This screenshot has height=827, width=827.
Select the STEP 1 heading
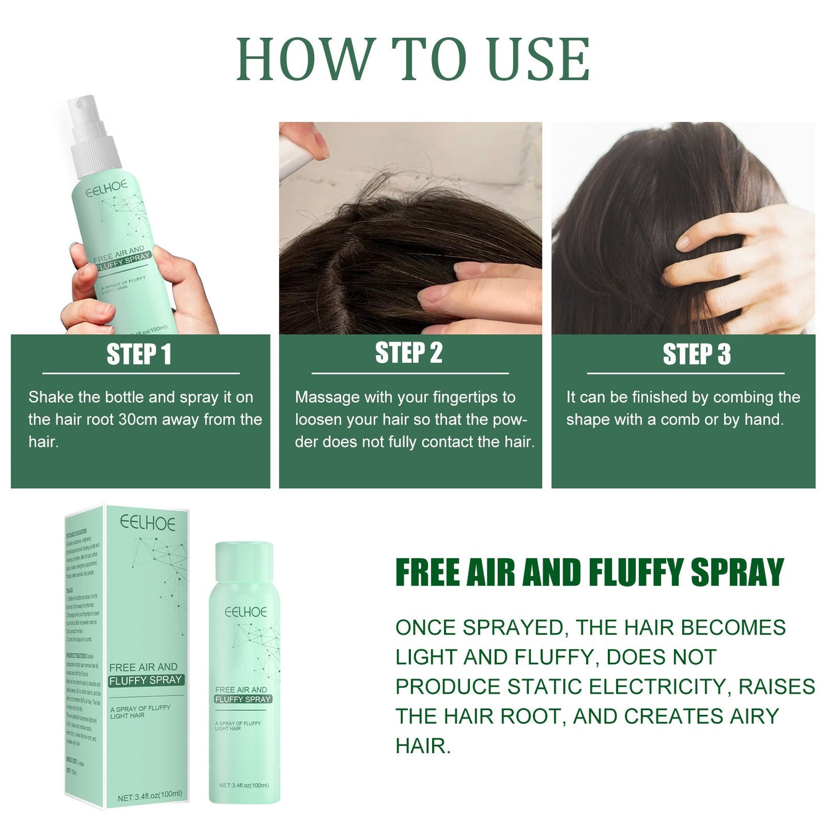[139, 354]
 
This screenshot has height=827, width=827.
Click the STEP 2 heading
[409, 353]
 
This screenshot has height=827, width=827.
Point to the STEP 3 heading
[697, 354]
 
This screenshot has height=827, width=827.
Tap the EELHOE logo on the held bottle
[107, 188]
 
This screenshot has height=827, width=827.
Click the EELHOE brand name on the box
[148, 523]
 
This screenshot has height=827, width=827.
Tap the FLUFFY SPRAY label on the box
[145, 680]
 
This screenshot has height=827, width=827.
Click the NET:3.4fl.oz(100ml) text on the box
[150, 796]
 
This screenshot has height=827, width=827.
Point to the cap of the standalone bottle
[244, 563]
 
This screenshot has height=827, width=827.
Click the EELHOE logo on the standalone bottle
[246, 612]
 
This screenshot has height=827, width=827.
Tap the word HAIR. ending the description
[423, 746]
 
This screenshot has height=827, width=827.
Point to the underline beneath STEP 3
[686, 373]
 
